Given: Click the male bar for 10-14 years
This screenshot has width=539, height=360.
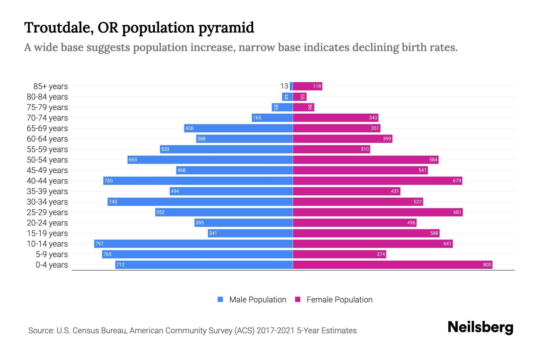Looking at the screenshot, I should click(x=193, y=244).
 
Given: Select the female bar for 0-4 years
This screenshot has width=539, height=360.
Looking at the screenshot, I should click(x=392, y=265).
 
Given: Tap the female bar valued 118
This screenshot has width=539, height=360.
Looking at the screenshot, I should click(x=307, y=86).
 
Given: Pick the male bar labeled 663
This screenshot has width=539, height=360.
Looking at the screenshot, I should click(x=210, y=160).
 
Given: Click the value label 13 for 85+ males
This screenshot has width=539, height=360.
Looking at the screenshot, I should click(x=284, y=86).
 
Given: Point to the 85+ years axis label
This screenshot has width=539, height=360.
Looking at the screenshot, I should click(x=50, y=86).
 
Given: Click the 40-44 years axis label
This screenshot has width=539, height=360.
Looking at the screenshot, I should click(x=47, y=181).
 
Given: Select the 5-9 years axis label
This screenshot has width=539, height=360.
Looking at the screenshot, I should click(x=52, y=254).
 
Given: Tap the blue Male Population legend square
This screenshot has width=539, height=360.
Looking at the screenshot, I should click(x=220, y=299).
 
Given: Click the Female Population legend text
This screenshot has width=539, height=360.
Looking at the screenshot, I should click(x=339, y=300).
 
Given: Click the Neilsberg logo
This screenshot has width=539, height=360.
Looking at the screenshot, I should click(x=480, y=327).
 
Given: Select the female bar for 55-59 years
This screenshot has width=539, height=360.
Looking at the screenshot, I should click(x=331, y=149).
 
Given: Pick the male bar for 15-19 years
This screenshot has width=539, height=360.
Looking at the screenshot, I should click(x=250, y=233).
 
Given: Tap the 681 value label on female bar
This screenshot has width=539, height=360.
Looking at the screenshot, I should click(x=457, y=212).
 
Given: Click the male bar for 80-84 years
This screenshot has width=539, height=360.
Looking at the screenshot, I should click(x=287, y=97).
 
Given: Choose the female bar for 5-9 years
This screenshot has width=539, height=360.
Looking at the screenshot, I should click(x=339, y=254).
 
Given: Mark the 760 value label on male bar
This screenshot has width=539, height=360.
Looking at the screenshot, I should click(x=108, y=181).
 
